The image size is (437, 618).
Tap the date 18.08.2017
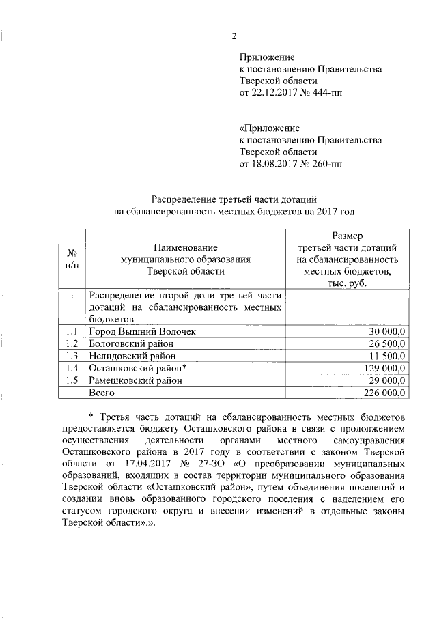(274, 164)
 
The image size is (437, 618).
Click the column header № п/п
(71, 259)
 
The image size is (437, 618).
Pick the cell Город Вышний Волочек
(137, 331)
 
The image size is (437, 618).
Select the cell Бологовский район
(130, 343)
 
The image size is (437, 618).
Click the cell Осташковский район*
(137, 368)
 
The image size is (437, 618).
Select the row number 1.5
(71, 380)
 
